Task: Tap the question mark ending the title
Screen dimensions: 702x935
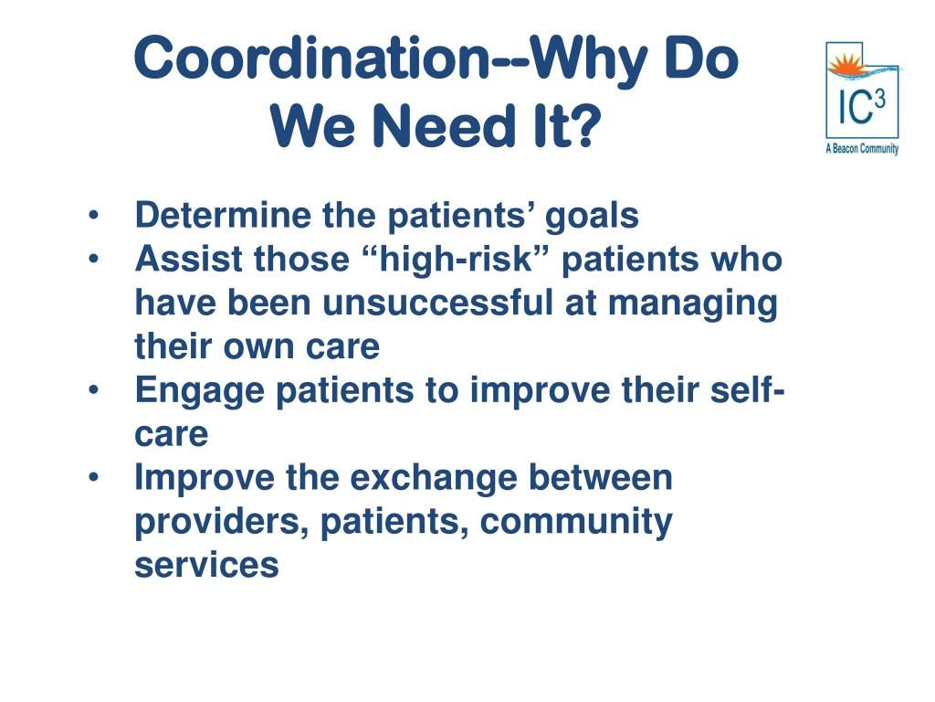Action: (x=587, y=128)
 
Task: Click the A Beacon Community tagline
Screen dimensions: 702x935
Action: (x=862, y=149)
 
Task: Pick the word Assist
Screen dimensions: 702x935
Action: (x=189, y=260)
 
